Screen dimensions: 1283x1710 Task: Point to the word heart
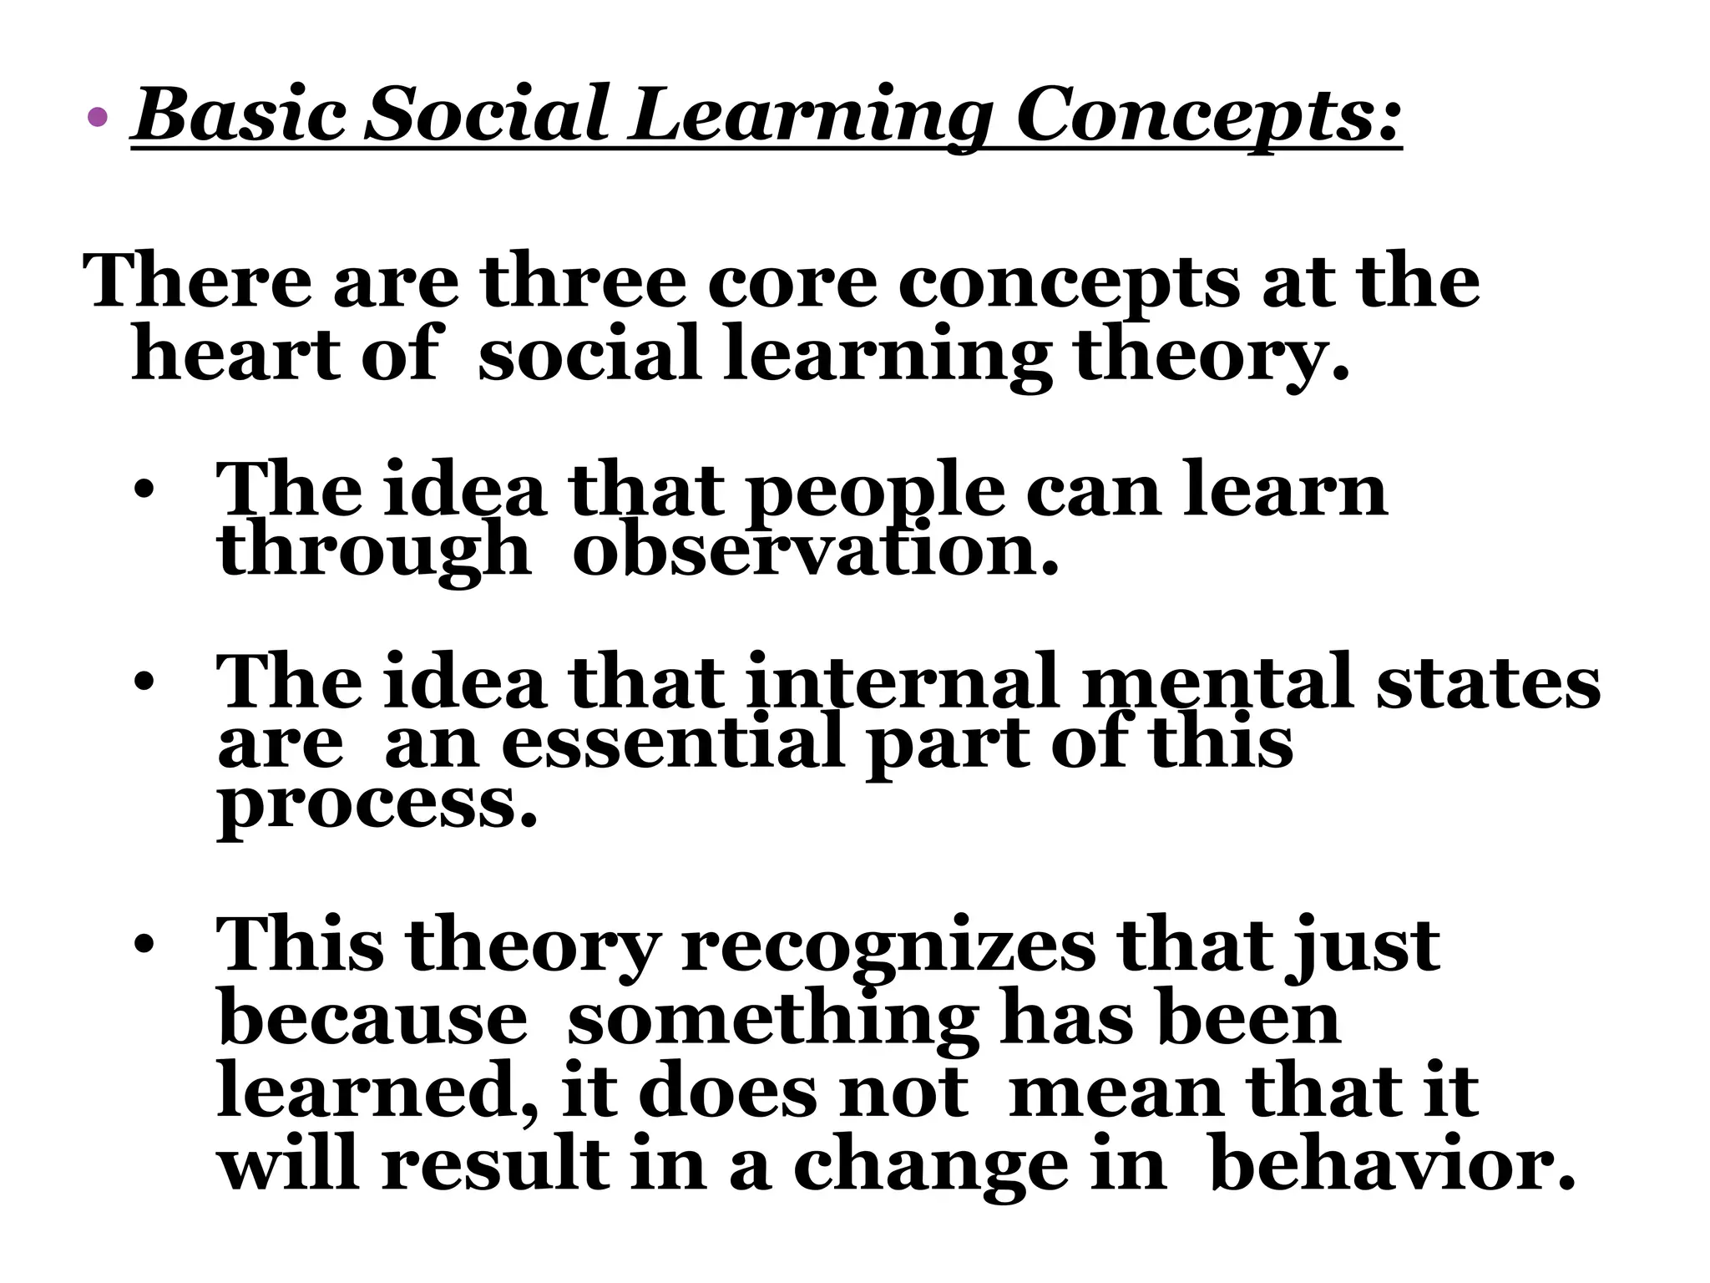(x=236, y=355)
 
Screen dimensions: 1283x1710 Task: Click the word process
(x=377, y=805)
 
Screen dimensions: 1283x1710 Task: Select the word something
(x=772, y=1020)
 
